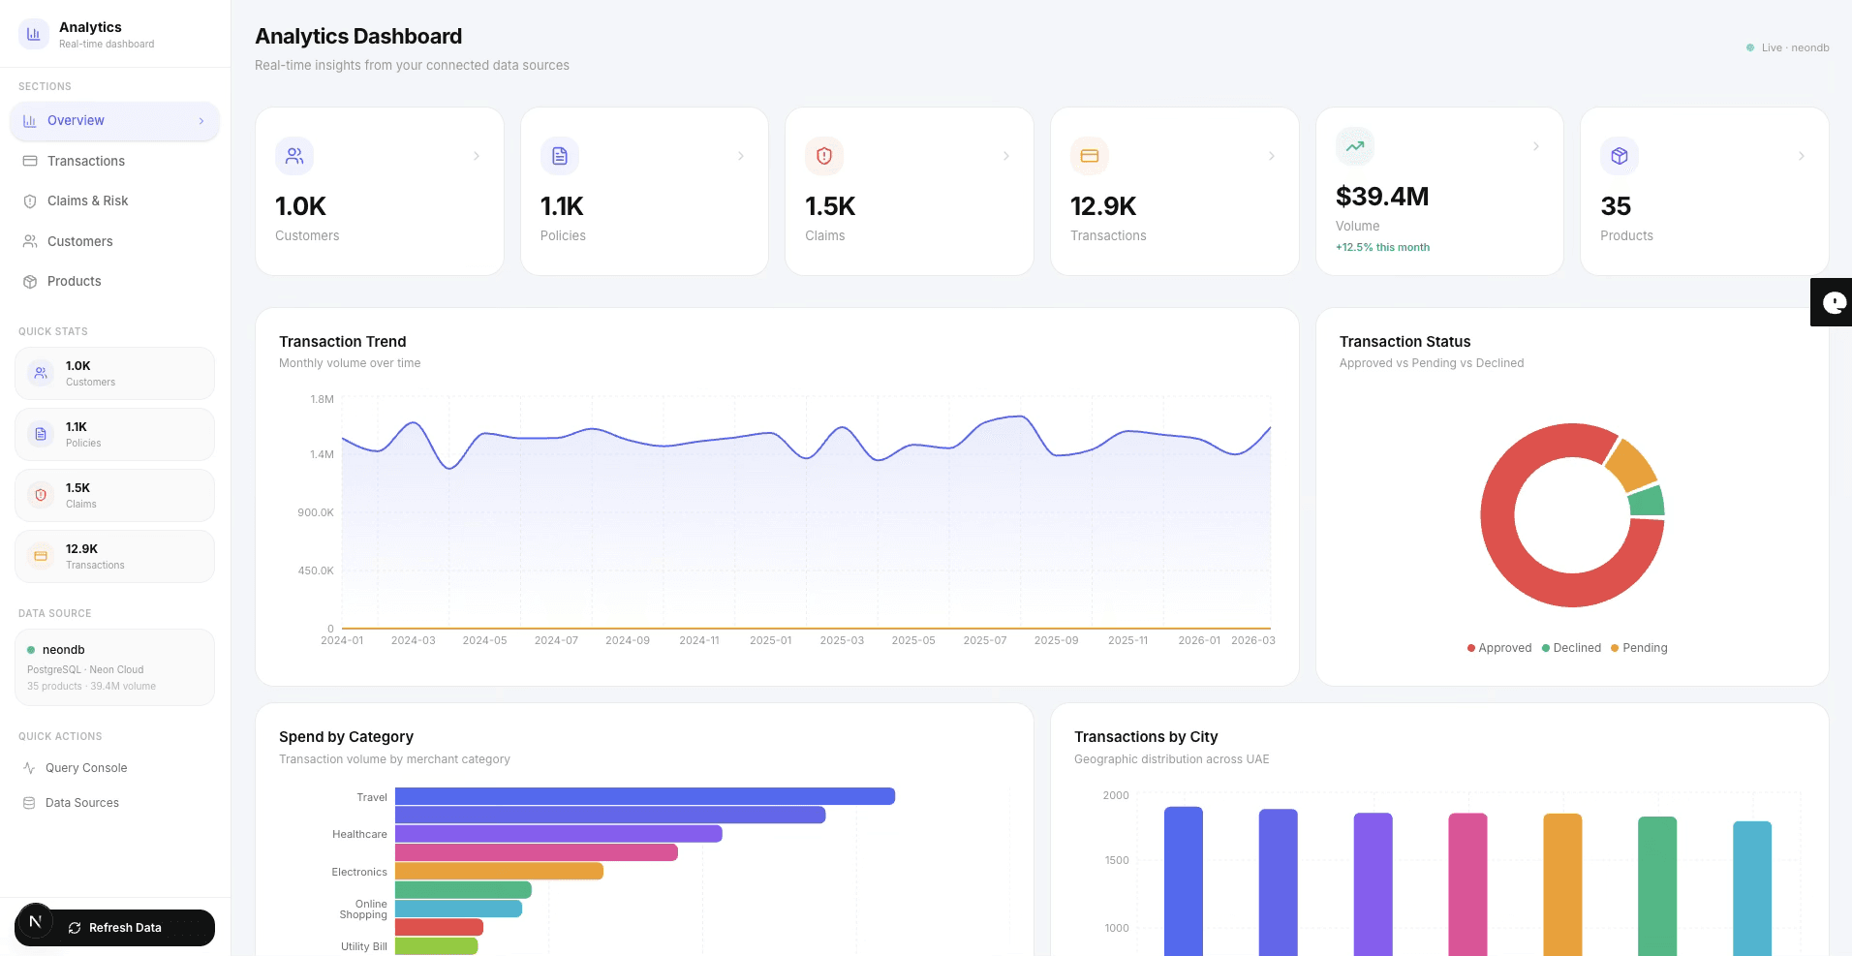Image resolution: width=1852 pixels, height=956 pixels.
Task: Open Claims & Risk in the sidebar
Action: [87, 200]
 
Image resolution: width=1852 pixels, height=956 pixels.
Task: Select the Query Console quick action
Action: [86, 768]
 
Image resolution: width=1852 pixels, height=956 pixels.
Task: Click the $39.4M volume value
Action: [1382, 197]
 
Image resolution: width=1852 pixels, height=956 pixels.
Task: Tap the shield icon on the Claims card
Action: [824, 156]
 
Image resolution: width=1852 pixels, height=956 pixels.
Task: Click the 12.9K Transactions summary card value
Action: [1102, 206]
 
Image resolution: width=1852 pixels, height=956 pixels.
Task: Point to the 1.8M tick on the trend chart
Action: [322, 399]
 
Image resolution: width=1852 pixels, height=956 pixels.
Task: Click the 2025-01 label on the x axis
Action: [770, 641]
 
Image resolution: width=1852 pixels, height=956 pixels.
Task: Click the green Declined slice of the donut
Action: [1646, 502]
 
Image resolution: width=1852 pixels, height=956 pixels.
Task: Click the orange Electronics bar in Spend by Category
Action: [499, 872]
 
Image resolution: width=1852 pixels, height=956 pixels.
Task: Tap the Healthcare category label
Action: [359, 834]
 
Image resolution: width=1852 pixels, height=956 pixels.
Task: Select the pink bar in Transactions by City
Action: [1466, 881]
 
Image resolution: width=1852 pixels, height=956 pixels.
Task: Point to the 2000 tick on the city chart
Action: [1116, 795]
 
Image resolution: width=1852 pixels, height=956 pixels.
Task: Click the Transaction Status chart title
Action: [1404, 342]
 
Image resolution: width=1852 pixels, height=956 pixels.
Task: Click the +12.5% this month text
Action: [1382, 247]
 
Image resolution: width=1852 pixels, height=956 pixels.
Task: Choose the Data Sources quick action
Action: [81, 803]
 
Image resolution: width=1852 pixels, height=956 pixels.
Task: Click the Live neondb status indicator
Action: [1788, 47]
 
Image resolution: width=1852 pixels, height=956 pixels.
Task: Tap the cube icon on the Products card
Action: [1619, 156]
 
